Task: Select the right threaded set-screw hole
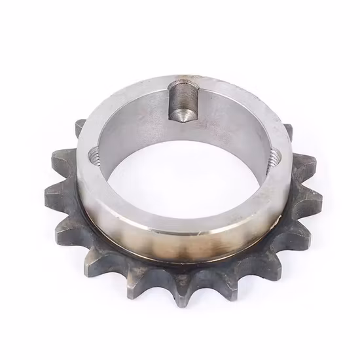coord(273,156)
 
